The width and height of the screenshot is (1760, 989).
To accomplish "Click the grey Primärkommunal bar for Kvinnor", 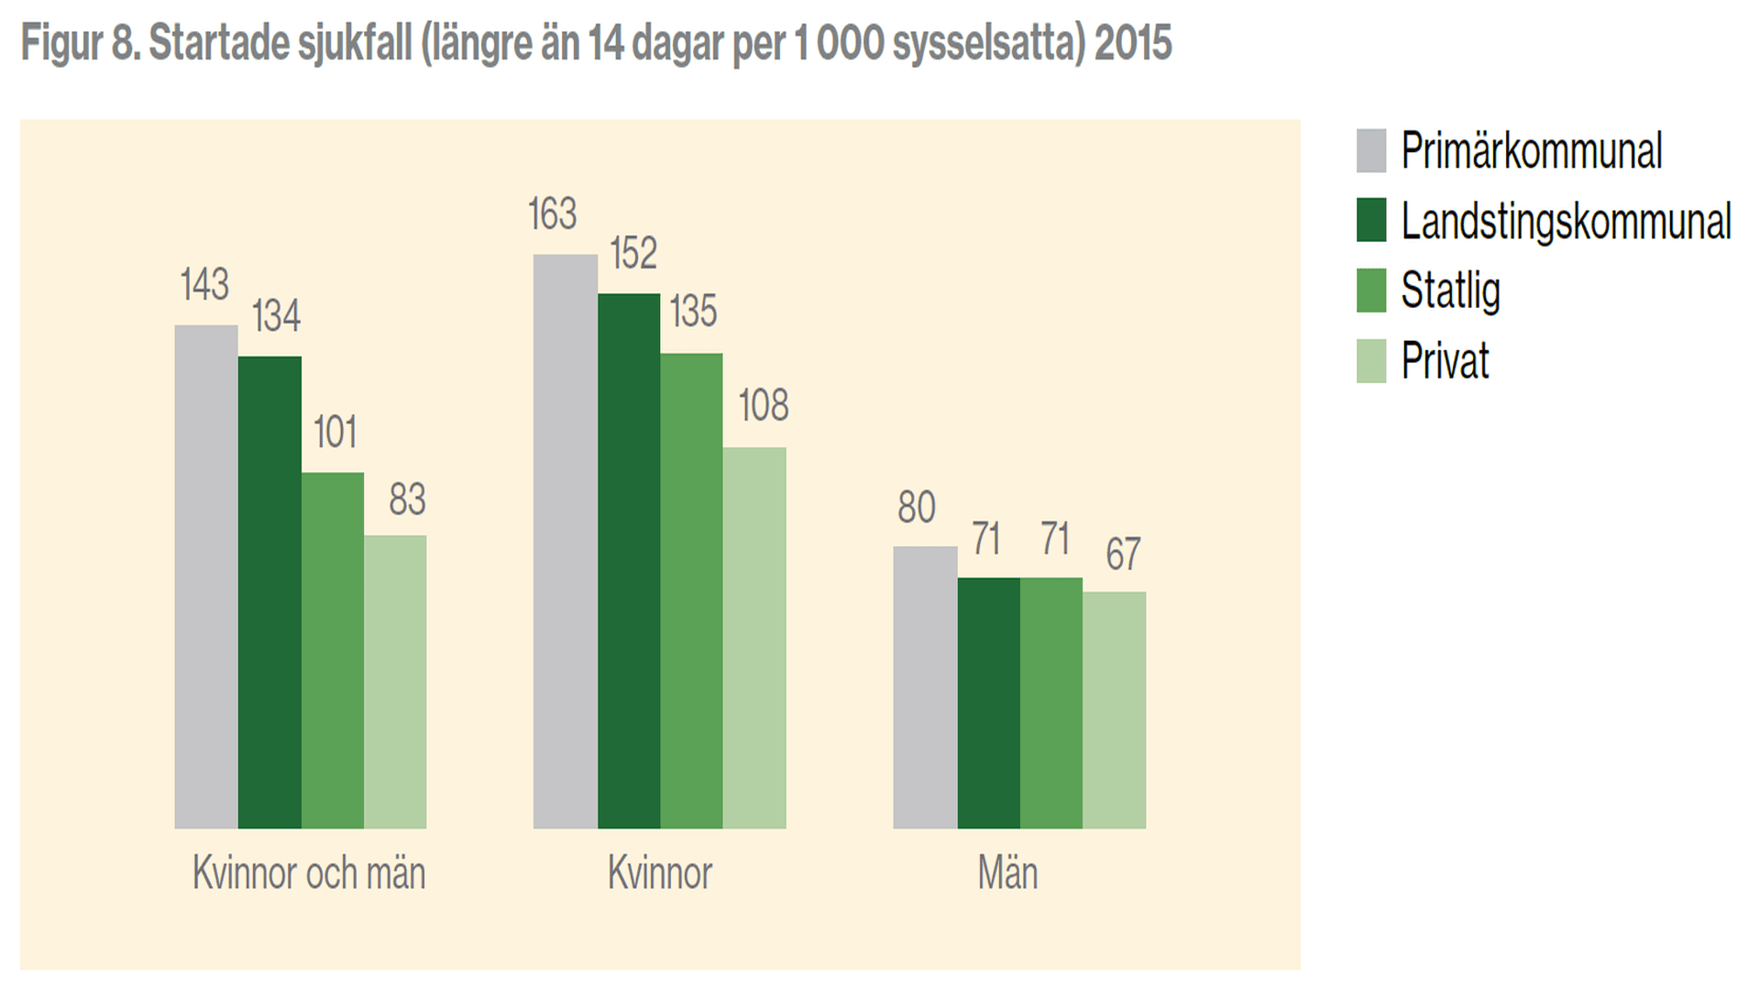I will point(565,541).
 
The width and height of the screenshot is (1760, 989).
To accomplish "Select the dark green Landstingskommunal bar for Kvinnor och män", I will point(269,592).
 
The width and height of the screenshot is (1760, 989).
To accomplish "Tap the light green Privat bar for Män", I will point(1114,709).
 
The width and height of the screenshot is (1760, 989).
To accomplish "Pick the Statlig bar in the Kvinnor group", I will point(691,590).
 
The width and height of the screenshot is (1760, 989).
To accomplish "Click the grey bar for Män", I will point(925,687).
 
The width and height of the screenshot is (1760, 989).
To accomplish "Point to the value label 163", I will point(552,214).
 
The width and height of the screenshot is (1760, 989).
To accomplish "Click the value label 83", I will point(407,500).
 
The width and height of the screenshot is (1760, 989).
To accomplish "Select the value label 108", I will point(763,405).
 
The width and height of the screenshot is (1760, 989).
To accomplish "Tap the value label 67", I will point(1123,554).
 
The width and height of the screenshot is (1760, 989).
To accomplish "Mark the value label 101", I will point(335,433).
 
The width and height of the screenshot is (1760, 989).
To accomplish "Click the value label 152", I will point(633,254).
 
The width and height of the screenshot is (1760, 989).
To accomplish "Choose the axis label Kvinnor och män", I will point(309,873).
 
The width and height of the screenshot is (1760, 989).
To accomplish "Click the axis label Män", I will point(1007,873).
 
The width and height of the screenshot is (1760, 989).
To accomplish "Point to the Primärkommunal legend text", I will point(1531,151).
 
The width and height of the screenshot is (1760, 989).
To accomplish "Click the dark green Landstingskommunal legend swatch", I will point(1371,221).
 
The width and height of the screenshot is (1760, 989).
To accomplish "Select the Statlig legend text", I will point(1450,291).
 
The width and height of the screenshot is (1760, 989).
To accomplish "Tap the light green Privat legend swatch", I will point(1371,361).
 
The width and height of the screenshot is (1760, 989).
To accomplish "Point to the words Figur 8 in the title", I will point(79,43).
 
